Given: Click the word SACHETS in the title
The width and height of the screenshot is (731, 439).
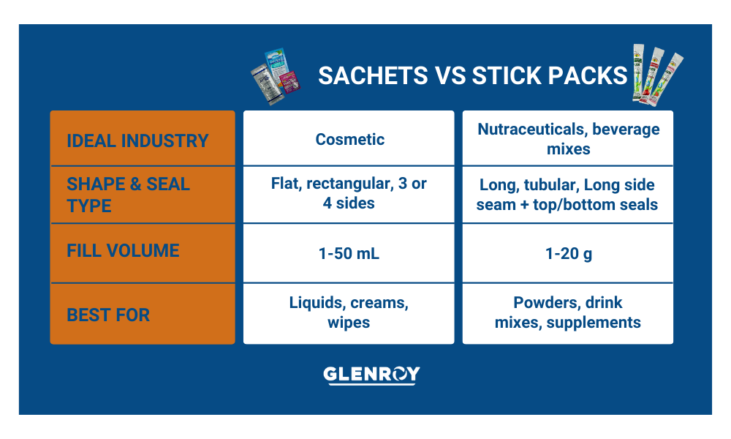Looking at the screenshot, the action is pos(373,75).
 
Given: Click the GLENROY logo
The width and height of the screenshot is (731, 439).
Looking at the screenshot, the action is pos(371,375).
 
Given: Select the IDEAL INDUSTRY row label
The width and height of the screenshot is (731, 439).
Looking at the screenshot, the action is pos(137,141).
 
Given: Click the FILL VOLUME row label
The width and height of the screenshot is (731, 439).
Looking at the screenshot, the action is pos(123,251).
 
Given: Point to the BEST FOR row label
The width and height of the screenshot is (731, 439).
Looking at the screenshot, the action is pos(108,315).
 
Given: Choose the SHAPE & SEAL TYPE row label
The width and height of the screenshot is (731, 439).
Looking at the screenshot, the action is pos(128,195).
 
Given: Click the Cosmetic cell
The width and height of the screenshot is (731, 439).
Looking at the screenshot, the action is pos(349,139).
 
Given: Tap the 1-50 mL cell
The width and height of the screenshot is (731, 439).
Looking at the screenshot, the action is pos(349,253).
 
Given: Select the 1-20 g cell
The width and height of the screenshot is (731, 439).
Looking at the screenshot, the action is pos(568,254).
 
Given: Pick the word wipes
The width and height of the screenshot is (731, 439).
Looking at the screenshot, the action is pos(349,323).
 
